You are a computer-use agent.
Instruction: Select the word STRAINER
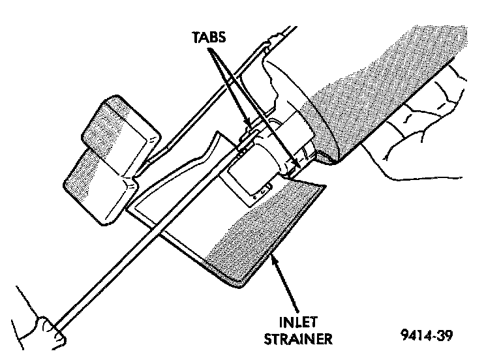tap(301, 338)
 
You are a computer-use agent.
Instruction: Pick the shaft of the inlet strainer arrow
tap(287, 287)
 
